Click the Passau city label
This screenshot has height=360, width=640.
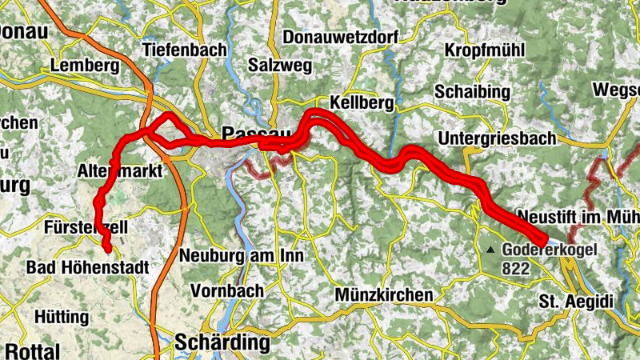coord(254,133)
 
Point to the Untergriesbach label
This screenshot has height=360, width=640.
coord(496,138)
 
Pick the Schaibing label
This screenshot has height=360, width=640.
coord(472,92)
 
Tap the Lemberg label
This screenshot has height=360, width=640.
coord(83,65)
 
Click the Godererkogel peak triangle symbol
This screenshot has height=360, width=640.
coord(490,250)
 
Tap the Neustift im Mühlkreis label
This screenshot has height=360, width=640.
coord(576,217)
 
